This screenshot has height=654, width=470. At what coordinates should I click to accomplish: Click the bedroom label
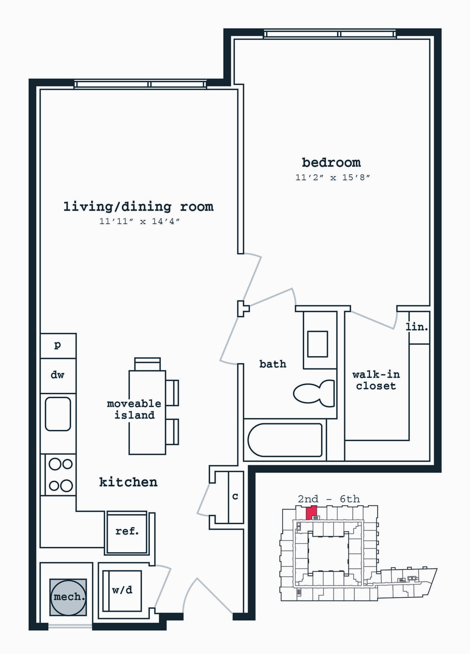tap(331, 163)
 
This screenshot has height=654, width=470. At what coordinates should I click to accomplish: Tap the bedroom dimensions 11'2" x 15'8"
tap(332, 178)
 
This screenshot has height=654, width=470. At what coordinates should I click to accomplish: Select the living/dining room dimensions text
tap(139, 221)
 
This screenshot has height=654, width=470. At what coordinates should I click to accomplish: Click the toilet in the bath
tap(314, 393)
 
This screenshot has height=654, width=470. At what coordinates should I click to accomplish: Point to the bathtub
tap(285, 440)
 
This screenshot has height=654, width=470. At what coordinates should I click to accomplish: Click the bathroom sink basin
tap(317, 344)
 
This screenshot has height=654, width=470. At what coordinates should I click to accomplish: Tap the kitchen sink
tap(58, 414)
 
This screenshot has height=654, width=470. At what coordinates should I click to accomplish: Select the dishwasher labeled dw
tap(58, 375)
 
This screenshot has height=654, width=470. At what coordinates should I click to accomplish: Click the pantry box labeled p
tap(58, 345)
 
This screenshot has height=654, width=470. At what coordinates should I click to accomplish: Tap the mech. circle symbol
tap(68, 597)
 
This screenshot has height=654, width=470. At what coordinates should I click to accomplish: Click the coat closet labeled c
tap(235, 497)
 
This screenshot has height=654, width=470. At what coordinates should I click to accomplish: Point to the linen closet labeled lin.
tap(417, 327)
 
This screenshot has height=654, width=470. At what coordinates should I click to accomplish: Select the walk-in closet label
tap(376, 380)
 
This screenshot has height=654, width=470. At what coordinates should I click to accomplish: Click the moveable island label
tap(134, 409)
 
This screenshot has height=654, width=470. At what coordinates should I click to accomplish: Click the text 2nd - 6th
tap(329, 499)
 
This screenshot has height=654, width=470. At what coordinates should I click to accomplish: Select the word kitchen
tap(128, 482)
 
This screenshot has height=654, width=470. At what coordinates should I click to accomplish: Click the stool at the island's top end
tap(147, 364)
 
